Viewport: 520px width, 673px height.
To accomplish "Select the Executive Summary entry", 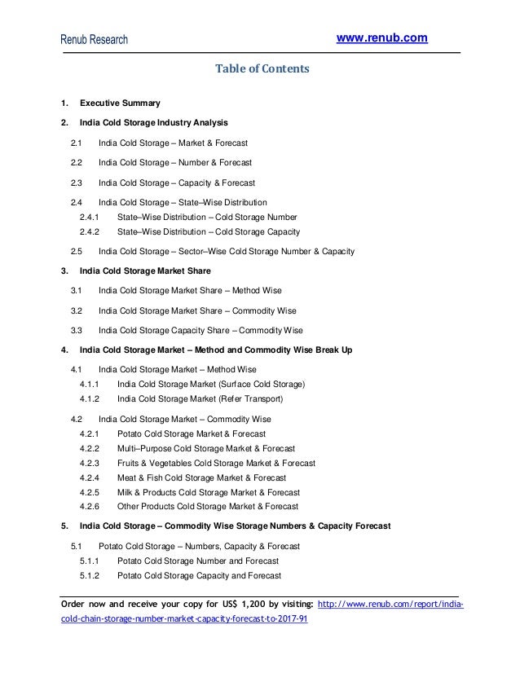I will click(x=120, y=103).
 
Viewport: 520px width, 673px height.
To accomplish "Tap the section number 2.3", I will click(x=77, y=183).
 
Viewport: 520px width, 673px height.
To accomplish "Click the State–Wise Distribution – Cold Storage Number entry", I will click(x=207, y=217).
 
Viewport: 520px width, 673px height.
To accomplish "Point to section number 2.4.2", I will click(x=90, y=231).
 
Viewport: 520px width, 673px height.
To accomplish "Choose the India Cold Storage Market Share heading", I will click(x=145, y=271).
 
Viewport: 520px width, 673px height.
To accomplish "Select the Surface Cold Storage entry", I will click(x=211, y=384).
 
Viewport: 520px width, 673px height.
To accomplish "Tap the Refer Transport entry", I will click(x=201, y=399).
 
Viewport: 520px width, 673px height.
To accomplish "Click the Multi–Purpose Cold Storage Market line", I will click(x=206, y=449).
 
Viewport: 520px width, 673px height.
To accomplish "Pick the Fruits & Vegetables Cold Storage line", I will click(x=216, y=464).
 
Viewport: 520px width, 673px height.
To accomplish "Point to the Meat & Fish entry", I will click(x=201, y=478).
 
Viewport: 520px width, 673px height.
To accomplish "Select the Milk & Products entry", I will click(x=208, y=493).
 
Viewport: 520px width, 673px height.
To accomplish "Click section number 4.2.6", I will click(x=90, y=506).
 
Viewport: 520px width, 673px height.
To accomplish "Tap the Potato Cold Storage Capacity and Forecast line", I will click(x=199, y=576).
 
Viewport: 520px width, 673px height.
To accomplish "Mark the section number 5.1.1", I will click(x=90, y=561).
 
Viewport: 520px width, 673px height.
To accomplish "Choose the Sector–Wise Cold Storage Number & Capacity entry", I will click(x=226, y=251).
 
